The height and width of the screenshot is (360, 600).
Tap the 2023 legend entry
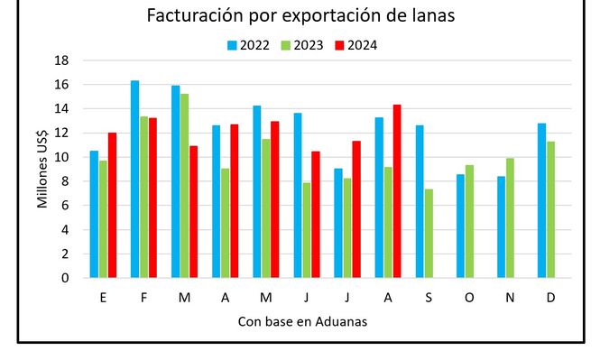[305, 44]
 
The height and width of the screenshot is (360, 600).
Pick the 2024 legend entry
[361, 44]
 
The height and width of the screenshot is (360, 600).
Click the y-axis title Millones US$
[42, 169]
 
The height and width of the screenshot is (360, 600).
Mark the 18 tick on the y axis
[62, 60]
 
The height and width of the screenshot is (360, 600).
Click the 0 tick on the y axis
[65, 278]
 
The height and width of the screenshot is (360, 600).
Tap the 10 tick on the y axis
[62, 157]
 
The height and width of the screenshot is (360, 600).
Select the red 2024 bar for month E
[113, 205]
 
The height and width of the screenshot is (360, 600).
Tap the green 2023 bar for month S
[429, 233]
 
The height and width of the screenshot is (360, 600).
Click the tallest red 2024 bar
[397, 191]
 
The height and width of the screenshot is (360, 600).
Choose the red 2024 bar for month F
[153, 198]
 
